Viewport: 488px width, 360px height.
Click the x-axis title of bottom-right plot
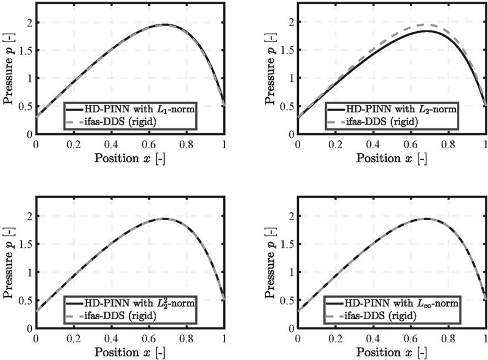coord(392,352)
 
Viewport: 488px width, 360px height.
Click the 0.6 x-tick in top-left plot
coord(149,144)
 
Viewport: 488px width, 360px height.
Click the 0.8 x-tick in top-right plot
coord(448,144)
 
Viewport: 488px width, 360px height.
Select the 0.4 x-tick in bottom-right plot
coord(373,338)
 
